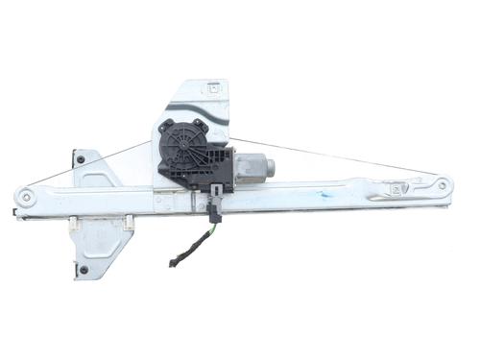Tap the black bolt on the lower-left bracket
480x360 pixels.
coord(84,269)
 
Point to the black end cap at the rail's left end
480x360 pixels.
coord(15,210)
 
